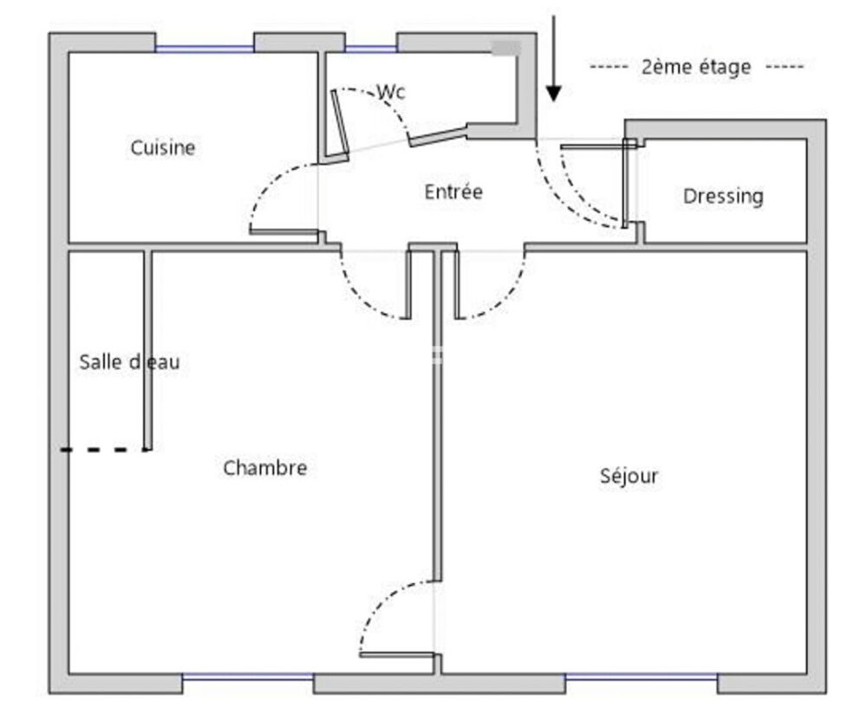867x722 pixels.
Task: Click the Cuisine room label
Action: (x=163, y=147)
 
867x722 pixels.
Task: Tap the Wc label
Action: (x=391, y=92)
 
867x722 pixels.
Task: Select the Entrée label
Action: (x=453, y=192)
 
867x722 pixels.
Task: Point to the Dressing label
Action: (x=723, y=196)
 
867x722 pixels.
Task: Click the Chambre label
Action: (x=264, y=468)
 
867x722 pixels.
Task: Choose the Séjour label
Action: (x=629, y=476)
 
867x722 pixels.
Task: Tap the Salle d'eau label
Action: (x=129, y=362)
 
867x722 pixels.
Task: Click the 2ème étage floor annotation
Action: (x=696, y=67)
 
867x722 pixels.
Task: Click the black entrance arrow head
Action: (x=553, y=94)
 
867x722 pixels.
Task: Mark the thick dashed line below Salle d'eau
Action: (x=104, y=450)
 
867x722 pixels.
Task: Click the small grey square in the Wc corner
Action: (x=506, y=48)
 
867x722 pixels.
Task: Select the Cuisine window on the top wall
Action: (x=204, y=49)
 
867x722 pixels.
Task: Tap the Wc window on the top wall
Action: (x=371, y=49)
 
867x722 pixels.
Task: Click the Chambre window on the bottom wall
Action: (x=248, y=676)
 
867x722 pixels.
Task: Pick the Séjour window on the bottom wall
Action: (x=641, y=676)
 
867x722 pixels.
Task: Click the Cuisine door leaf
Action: (x=284, y=231)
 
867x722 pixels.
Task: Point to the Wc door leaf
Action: (x=340, y=124)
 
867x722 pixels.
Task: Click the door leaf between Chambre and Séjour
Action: (x=396, y=655)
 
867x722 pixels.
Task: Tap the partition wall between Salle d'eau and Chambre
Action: (x=148, y=350)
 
